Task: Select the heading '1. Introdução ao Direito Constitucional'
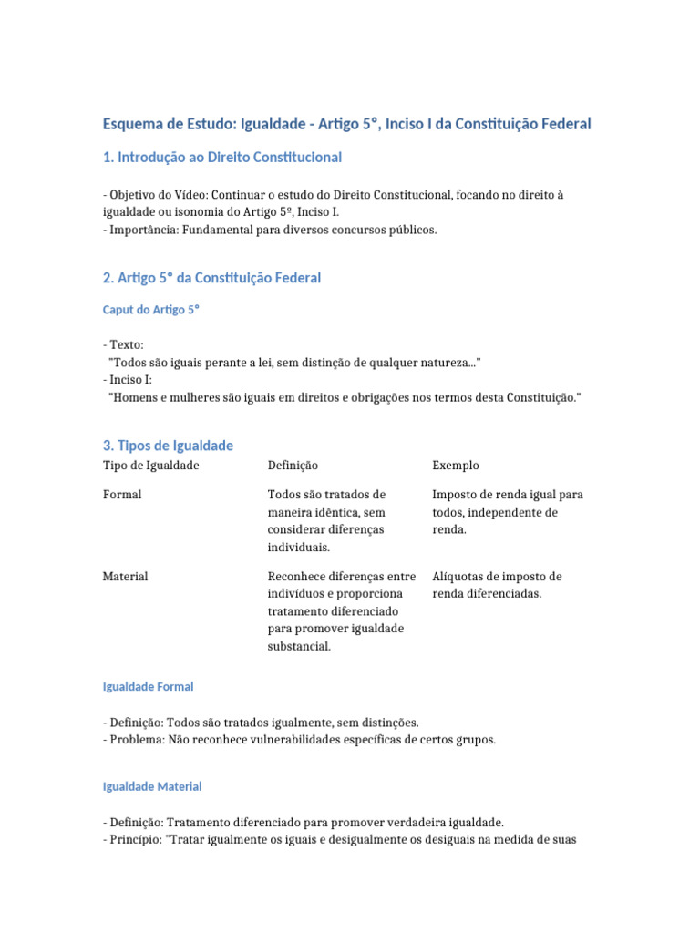point(222,158)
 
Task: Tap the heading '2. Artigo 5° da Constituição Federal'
point(211,278)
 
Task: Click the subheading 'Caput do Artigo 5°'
point(151,310)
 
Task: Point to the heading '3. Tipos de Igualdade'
point(169,446)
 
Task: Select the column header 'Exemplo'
point(456,466)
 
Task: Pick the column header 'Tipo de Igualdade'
point(151,466)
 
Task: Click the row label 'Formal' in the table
point(122,495)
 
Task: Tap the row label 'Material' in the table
point(126,577)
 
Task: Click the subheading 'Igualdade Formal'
point(149,686)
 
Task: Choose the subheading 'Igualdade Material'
point(152,786)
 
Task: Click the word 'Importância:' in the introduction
point(144,230)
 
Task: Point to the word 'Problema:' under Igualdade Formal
point(136,739)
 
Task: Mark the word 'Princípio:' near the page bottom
point(137,839)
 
